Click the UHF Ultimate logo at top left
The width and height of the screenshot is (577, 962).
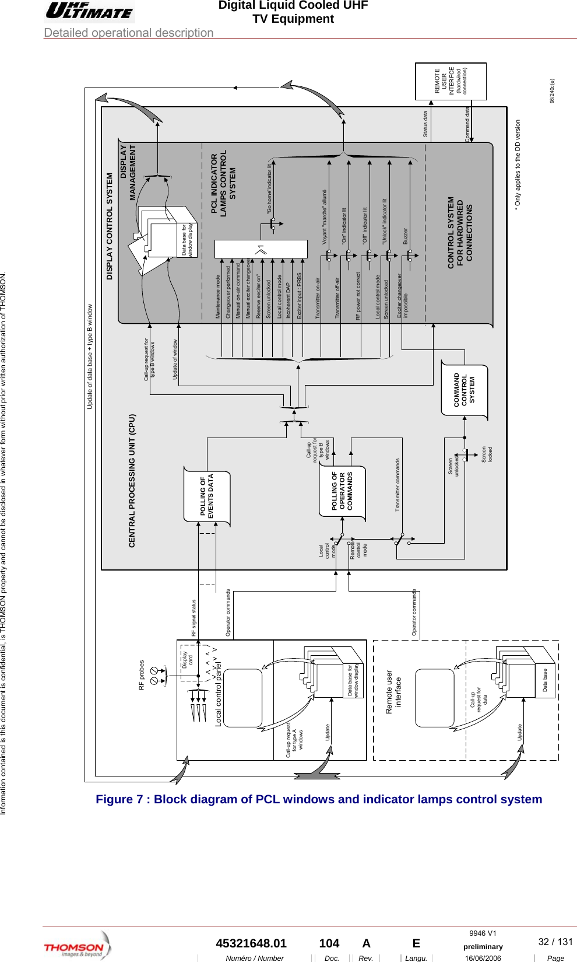point(89,11)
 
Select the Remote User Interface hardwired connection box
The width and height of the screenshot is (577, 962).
point(451,81)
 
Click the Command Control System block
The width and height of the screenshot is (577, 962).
point(465,390)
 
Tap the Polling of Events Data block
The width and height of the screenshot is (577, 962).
point(207,495)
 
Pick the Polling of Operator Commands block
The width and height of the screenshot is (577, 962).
point(342,491)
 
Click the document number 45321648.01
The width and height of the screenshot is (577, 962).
point(251,943)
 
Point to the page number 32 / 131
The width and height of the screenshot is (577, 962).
point(555,942)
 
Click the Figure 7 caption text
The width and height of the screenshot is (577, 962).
point(319,799)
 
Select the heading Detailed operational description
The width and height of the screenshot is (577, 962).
point(129,33)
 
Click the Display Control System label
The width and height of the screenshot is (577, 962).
point(110,226)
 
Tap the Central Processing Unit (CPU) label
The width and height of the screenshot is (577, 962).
point(132,481)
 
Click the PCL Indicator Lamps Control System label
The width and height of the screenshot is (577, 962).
point(223,183)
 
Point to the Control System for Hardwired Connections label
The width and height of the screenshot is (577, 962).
point(460,232)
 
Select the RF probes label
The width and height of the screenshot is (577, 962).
point(142,675)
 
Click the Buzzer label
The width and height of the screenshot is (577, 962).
point(406,236)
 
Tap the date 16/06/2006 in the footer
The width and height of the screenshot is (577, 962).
point(483,958)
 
